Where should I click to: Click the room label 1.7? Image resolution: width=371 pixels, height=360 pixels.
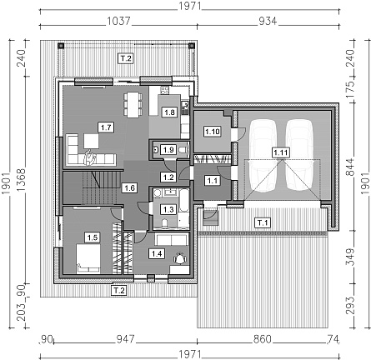[106, 127]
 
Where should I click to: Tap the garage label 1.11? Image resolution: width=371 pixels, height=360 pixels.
[281, 152]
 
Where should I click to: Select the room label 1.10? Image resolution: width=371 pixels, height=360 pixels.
[212, 132]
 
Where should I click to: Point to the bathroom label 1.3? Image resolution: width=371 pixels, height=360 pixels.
[168, 209]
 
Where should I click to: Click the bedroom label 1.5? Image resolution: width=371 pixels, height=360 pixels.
[93, 237]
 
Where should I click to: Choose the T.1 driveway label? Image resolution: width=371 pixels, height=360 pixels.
[263, 222]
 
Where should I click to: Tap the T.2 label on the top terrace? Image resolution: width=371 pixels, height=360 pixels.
[126, 58]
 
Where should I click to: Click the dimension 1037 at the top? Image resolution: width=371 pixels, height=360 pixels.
[118, 21]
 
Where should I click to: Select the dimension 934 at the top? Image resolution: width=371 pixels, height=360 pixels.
[268, 21]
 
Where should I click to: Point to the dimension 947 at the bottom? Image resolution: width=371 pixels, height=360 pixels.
[125, 339]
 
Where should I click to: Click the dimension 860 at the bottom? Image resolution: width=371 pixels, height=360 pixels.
[262, 339]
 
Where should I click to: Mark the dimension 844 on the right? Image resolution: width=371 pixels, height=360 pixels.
[350, 167]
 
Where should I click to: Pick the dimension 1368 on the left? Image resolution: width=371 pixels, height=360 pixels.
[21, 180]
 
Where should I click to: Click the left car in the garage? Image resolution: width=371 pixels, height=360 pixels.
[263, 156]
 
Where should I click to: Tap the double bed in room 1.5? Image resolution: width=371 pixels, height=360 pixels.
[88, 259]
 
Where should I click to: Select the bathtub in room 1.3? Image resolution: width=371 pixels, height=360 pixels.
[183, 205]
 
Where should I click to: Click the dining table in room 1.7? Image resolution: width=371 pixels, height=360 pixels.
[133, 104]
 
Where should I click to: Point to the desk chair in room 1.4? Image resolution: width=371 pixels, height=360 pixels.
[180, 258]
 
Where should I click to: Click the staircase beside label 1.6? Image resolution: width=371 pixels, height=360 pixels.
[100, 188]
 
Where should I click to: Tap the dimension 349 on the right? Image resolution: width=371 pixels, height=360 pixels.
[350, 257]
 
